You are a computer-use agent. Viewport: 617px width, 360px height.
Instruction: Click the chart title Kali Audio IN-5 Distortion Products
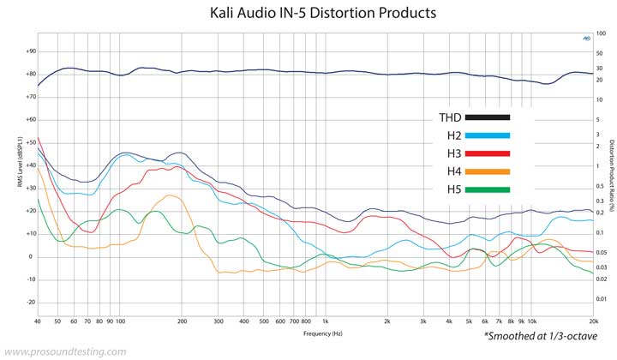tap(323, 14)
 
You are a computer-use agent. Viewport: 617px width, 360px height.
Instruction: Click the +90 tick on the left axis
tap(30, 51)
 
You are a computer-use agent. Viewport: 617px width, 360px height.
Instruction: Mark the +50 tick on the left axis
tap(30, 142)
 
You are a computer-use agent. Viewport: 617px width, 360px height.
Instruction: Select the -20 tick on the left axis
tap(30, 302)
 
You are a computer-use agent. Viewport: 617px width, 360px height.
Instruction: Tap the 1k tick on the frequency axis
tap(326, 321)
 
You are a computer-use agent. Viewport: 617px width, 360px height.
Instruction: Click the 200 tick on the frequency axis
tap(182, 321)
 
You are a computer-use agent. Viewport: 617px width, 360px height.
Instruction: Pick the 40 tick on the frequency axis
tap(38, 321)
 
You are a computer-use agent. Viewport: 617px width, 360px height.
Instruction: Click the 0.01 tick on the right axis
tap(602, 298)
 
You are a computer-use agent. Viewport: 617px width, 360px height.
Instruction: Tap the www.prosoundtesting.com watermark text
tap(64, 351)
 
